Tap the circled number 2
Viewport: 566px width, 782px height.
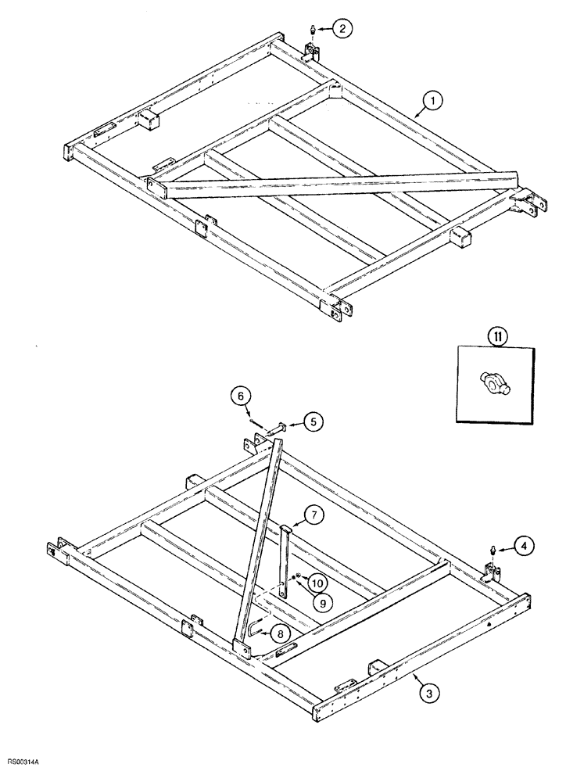pyautogui.click(x=342, y=29)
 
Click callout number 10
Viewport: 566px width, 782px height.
pyautogui.click(x=317, y=583)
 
